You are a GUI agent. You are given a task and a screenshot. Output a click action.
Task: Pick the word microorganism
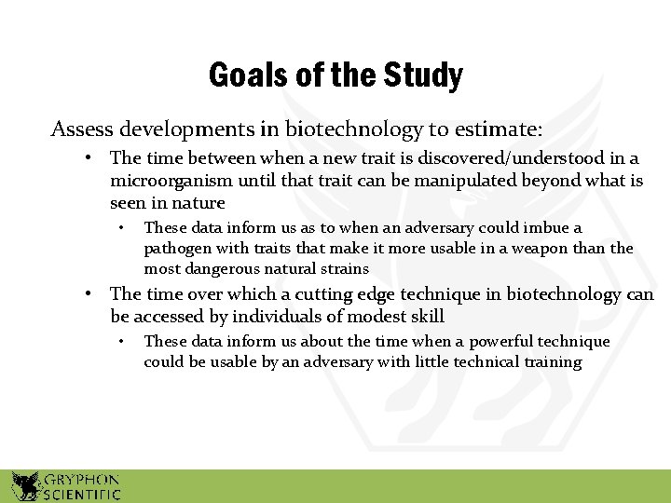(x=168, y=181)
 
